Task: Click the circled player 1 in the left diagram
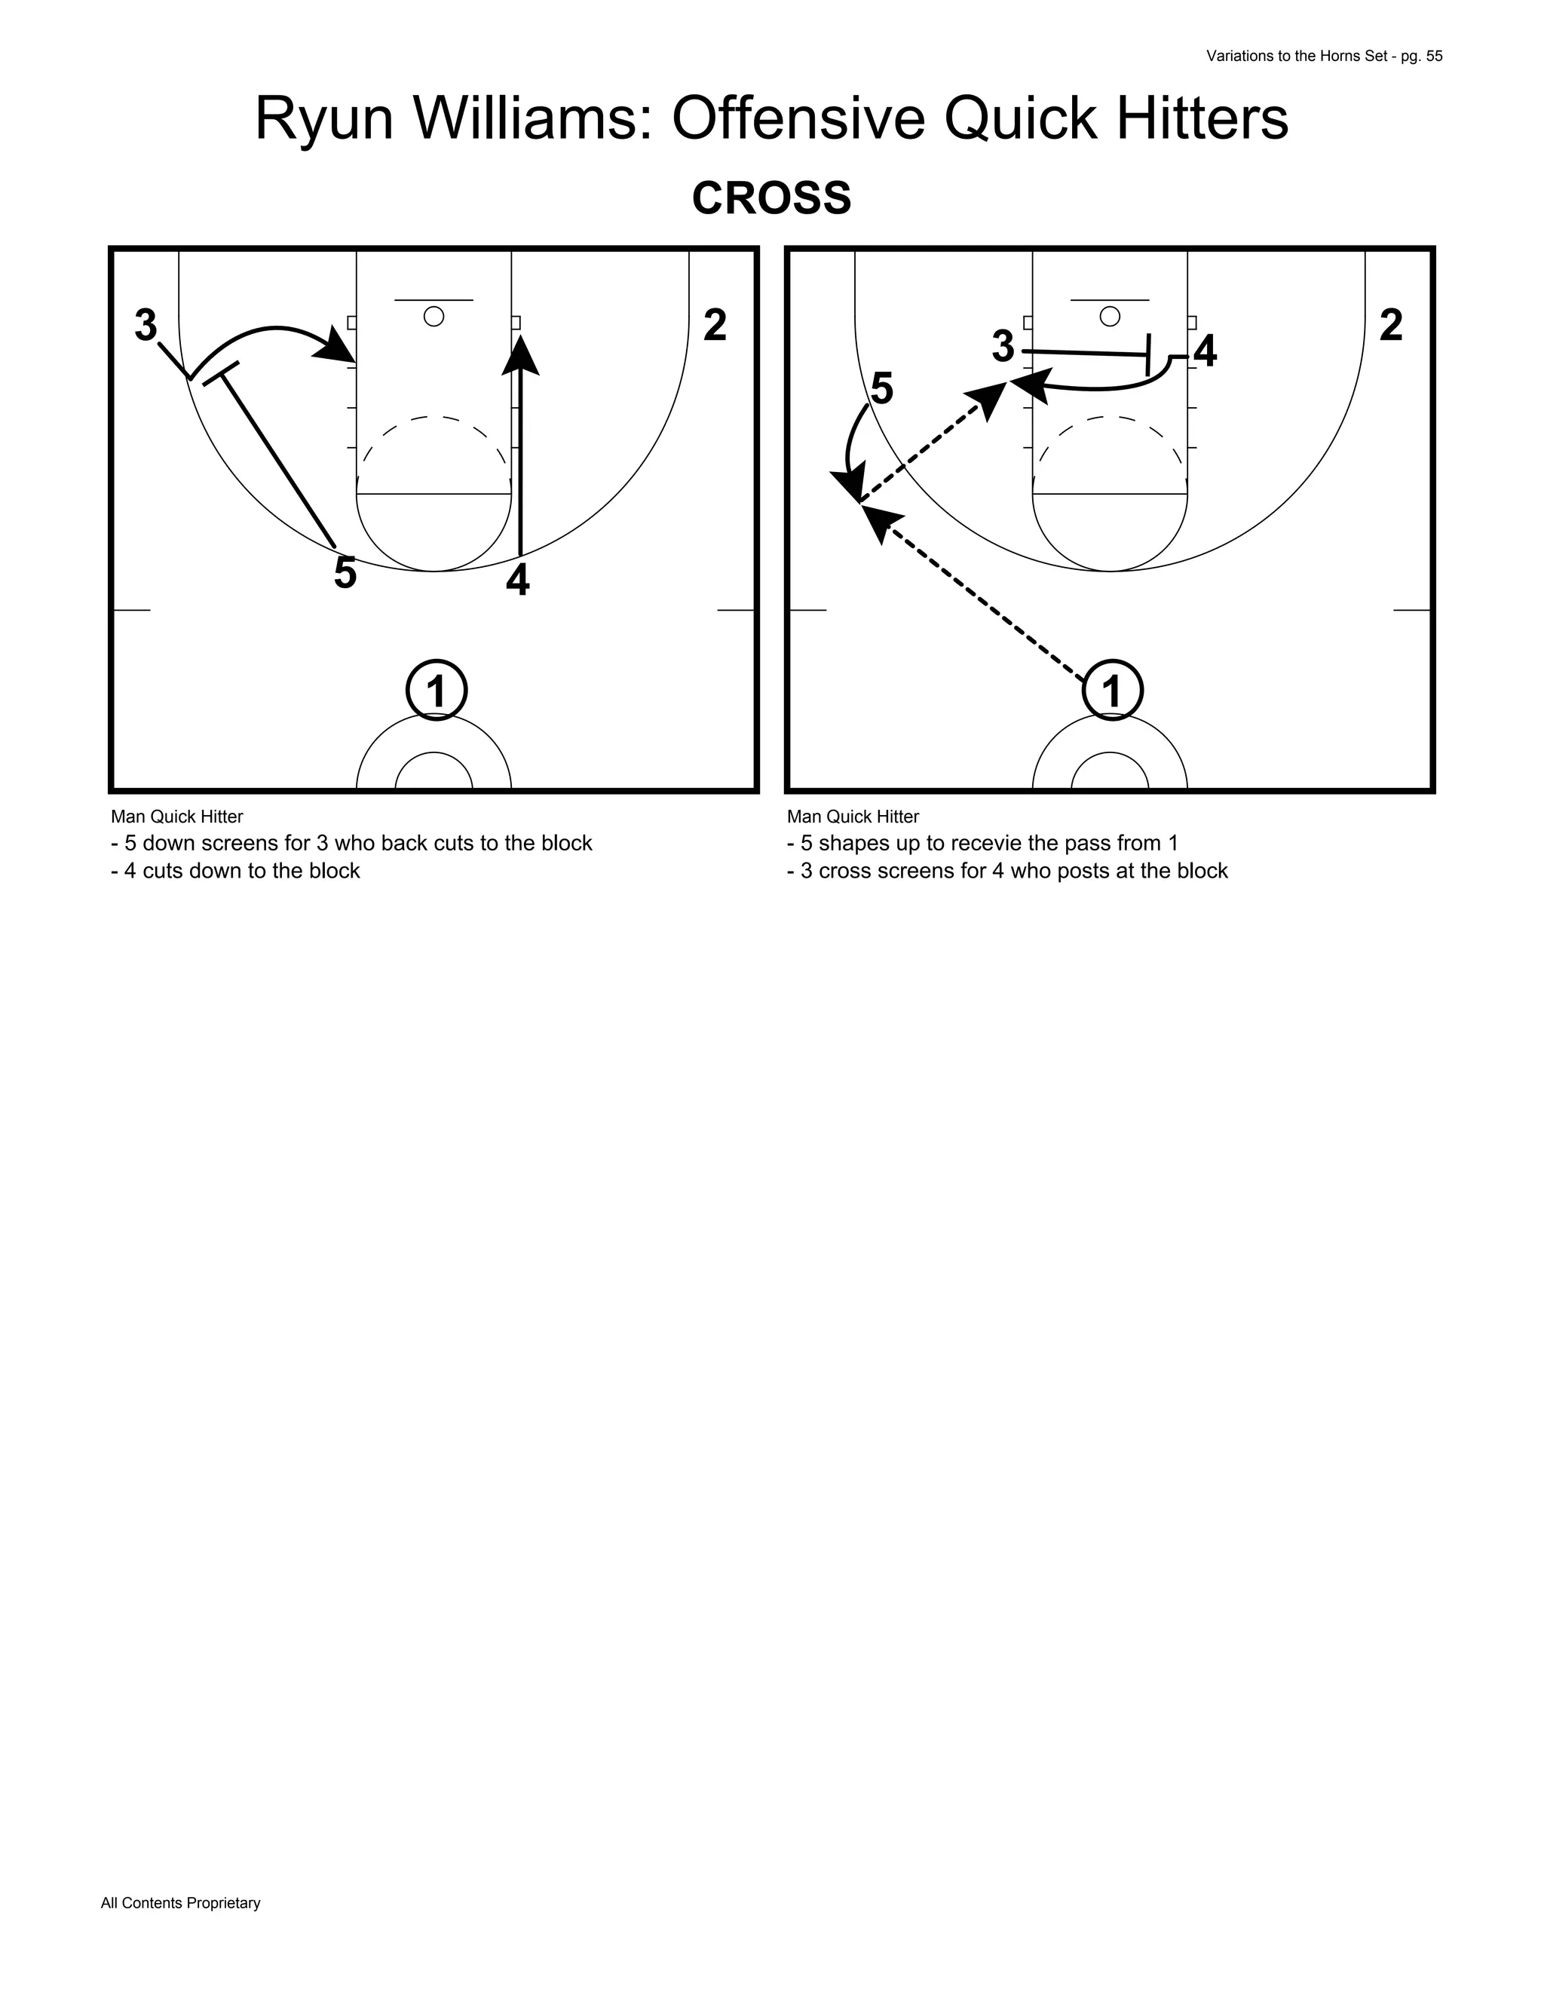tap(437, 690)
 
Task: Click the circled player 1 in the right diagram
tap(1112, 690)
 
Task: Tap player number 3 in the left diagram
tap(146, 326)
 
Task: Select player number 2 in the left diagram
tap(715, 326)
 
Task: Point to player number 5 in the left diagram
tap(345, 574)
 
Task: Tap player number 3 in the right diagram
tap(1003, 347)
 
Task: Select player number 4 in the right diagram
tap(1205, 352)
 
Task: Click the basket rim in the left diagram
tap(434, 317)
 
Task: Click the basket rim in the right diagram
tap(1110, 317)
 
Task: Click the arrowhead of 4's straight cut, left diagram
tap(520, 354)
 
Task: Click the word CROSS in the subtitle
tap(771, 198)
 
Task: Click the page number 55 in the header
tap(1433, 56)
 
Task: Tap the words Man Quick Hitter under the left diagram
tap(176, 816)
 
